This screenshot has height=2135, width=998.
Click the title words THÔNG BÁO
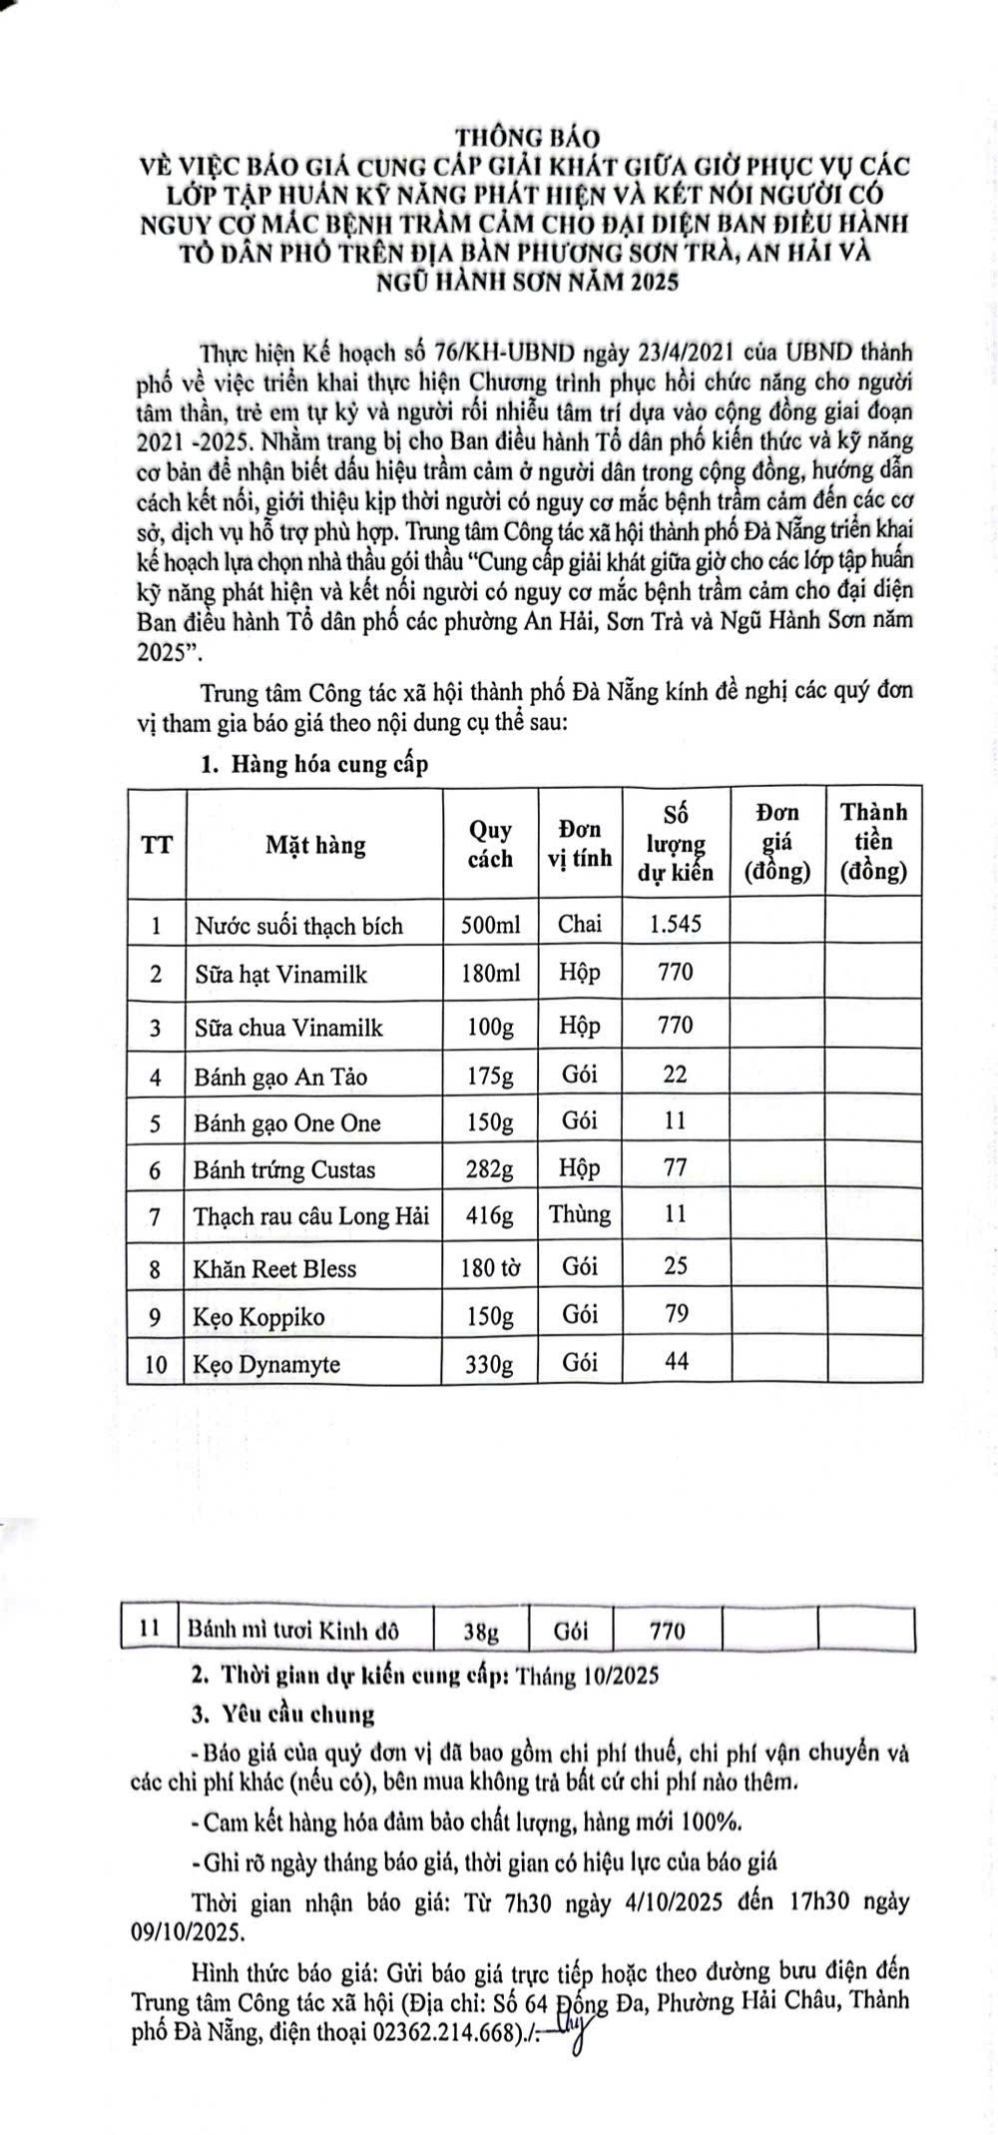click(x=526, y=135)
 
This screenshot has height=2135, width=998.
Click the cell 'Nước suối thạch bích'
click(x=298, y=926)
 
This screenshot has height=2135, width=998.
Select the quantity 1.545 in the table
click(x=675, y=924)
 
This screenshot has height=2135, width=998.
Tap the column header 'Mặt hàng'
click(x=315, y=846)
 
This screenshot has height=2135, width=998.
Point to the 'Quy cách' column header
click(x=490, y=845)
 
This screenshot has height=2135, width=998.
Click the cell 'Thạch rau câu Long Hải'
click(x=311, y=1216)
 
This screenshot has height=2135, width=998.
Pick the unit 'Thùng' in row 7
click(x=580, y=1214)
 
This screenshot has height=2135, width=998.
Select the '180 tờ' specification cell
click(x=490, y=1268)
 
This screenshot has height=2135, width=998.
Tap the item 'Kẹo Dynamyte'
click(x=266, y=1364)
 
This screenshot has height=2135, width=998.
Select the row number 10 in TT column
click(x=156, y=1364)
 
